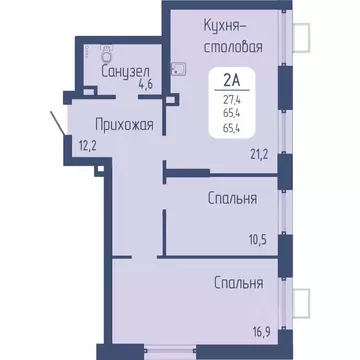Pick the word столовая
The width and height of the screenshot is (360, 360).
pos(205,45)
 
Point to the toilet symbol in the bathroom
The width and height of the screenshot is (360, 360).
pos(108,52)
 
